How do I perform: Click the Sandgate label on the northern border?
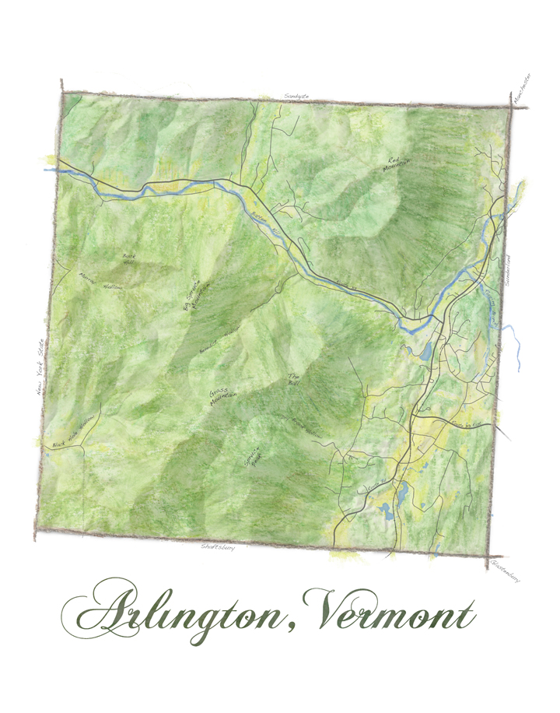click(x=297, y=96)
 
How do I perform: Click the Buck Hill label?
click(x=129, y=258)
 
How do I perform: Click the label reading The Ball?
click(x=293, y=378)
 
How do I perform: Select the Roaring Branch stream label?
click(x=490, y=300)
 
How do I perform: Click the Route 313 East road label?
click(x=467, y=424)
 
